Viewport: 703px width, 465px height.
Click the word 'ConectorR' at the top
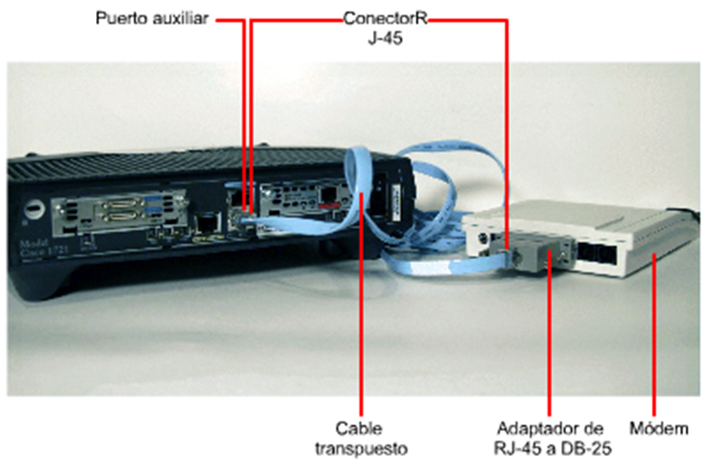coord(385,18)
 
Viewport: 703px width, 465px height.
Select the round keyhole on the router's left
coord(34,207)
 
